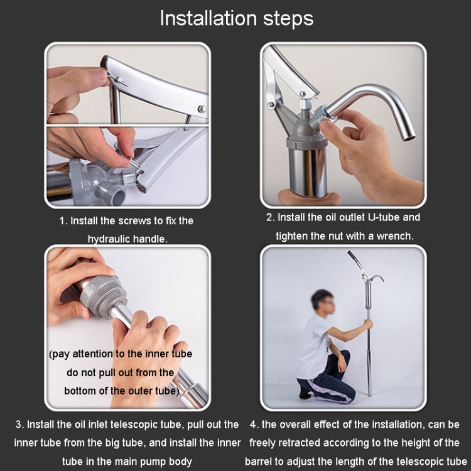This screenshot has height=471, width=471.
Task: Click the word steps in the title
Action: [283, 19]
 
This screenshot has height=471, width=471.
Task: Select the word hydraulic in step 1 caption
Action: [107, 239]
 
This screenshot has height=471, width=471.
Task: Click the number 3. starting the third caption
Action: [19, 425]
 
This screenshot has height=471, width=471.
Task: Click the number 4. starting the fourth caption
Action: [254, 425]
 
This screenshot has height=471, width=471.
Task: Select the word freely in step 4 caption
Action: [264, 443]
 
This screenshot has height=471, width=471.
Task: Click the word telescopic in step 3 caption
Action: [149, 425]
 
